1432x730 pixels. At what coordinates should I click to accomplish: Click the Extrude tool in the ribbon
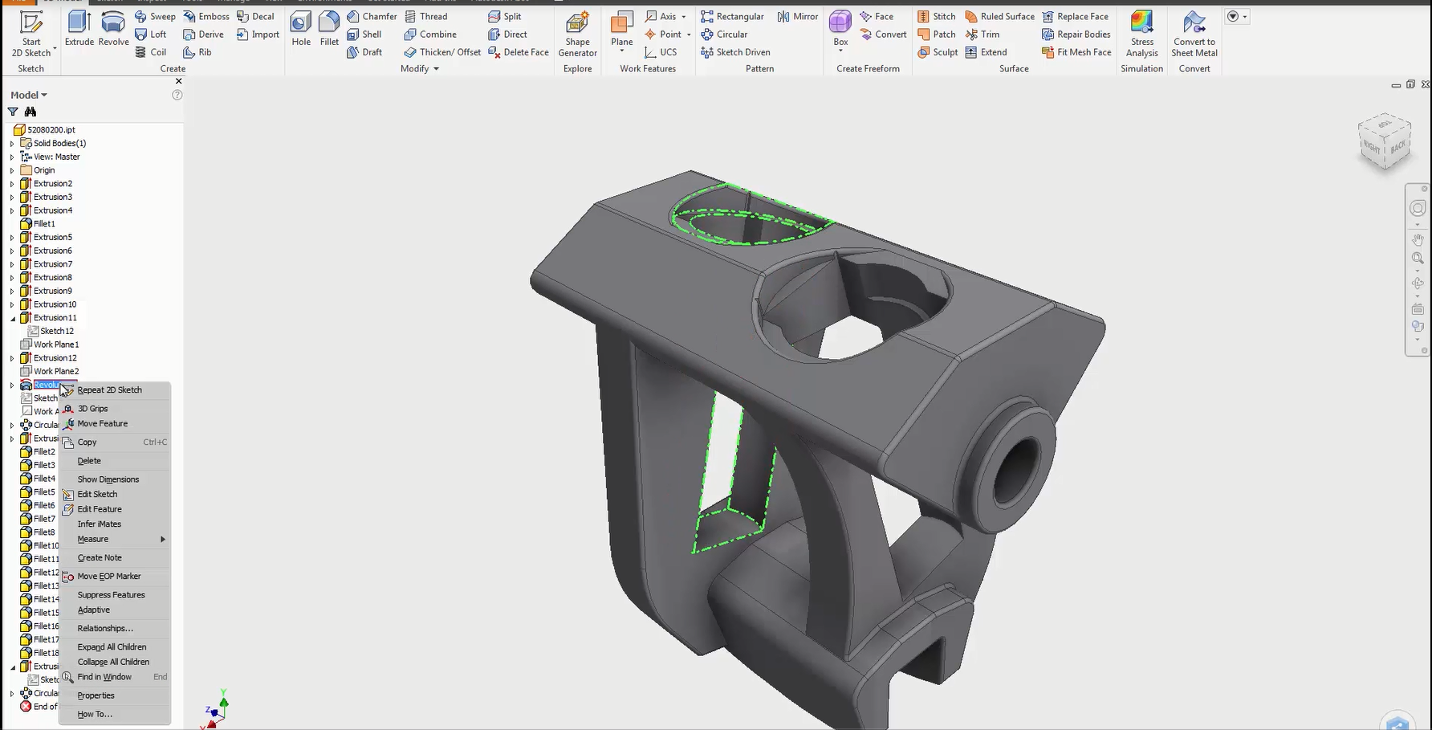point(79,30)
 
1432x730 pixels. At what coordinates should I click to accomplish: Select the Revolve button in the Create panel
point(113,30)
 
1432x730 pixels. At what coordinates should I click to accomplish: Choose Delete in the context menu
point(89,461)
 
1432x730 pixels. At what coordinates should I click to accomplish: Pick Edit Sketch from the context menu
point(97,495)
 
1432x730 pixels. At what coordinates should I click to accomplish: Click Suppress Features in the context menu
point(111,595)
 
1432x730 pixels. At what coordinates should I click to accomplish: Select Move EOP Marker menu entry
point(108,577)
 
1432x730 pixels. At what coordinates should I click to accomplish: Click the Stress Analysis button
point(1141,35)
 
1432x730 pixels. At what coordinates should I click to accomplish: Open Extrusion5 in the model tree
point(52,237)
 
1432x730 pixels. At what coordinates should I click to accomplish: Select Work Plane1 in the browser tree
point(55,345)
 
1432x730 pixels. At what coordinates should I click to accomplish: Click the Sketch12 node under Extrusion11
point(56,331)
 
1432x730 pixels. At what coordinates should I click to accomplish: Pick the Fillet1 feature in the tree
point(44,223)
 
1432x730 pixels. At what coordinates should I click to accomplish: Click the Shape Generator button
point(577,35)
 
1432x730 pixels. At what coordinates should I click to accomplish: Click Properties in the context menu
point(96,695)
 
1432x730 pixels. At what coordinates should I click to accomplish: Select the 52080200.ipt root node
point(51,129)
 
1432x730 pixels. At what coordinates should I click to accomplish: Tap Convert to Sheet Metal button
point(1194,35)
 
